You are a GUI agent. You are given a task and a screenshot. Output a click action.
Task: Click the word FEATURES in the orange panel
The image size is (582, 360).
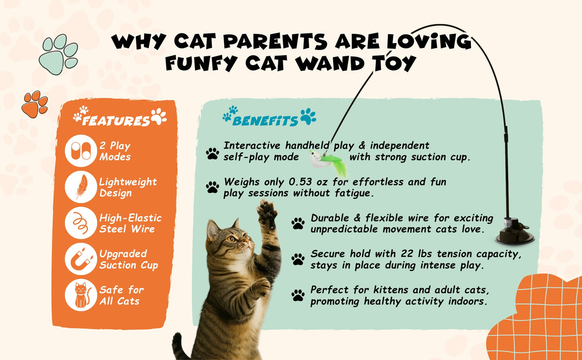pos(116,121)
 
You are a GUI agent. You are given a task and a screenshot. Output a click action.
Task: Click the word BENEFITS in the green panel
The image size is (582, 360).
pos(265,121)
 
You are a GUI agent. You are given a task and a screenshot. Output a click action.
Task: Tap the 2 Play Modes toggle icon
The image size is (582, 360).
pos(81,151)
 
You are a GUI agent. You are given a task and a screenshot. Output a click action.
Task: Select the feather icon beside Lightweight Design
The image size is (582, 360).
pos(81,187)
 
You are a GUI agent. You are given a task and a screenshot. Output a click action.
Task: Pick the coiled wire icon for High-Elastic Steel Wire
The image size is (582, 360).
pos(81,223)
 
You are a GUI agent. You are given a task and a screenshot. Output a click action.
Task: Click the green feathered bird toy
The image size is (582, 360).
pos(329,162)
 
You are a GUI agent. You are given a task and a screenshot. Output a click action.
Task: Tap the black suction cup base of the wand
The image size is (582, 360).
pos(515,232)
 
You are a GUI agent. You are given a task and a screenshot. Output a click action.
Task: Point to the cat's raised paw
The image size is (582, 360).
pos(267,213)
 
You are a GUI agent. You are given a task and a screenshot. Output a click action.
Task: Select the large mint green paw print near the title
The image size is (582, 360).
pos(59,54)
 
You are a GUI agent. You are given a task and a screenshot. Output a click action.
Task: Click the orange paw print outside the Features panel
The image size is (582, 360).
pos(35,104)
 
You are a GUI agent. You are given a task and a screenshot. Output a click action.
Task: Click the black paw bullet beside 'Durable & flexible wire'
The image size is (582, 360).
pos(298,223)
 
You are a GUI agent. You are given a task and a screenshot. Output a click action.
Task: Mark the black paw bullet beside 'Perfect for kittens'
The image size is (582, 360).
pos(298,295)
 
